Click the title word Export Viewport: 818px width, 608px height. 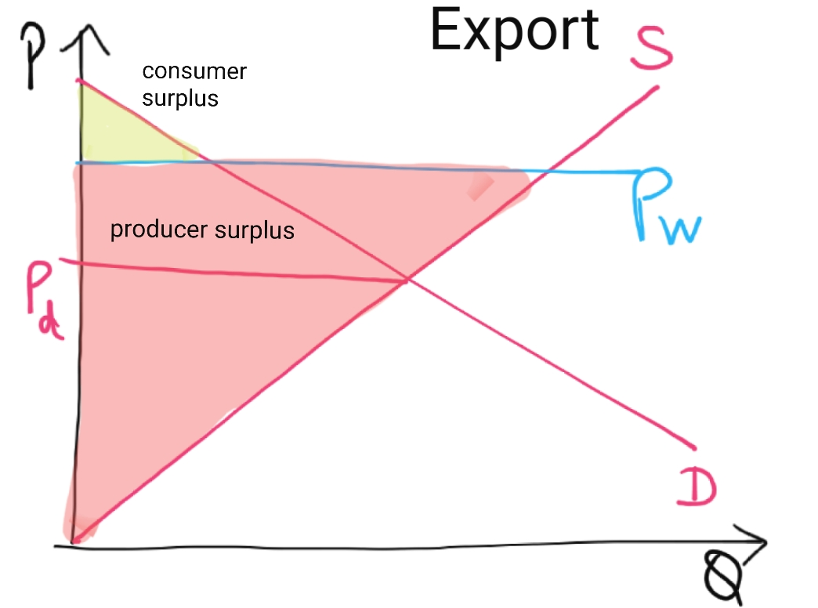tap(515, 31)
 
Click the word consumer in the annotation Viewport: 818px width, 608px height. tap(194, 72)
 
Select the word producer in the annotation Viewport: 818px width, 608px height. tap(153, 231)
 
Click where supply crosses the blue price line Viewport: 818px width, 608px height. tap(548, 169)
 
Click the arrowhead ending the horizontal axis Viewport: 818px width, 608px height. tap(762, 541)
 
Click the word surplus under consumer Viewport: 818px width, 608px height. tap(180, 100)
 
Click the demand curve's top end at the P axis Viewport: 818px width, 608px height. tap(78, 79)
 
